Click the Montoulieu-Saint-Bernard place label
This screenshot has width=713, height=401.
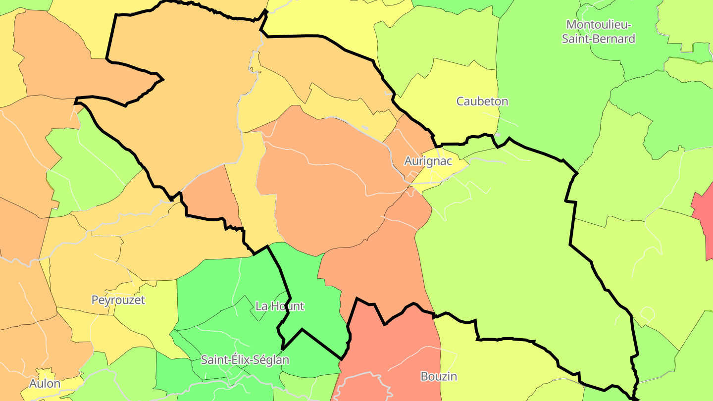tap(598, 31)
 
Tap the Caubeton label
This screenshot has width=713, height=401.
tap(482, 101)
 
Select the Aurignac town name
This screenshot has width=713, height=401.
tap(428, 161)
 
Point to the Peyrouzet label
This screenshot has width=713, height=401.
tap(118, 300)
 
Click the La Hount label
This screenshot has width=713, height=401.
tap(279, 306)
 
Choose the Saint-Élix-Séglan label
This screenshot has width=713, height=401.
tap(245, 360)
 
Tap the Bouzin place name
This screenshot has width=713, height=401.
tap(439, 376)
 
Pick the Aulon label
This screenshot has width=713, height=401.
tap(45, 384)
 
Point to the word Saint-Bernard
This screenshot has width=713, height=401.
tap(598, 39)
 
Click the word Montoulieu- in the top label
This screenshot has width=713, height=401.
tap(598, 24)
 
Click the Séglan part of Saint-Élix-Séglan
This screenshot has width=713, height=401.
tap(272, 360)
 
